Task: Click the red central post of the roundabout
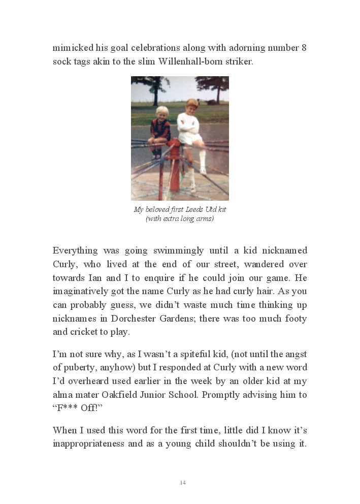pyautogui.click(x=175, y=168)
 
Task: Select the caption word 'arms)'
pyautogui.click(x=205, y=219)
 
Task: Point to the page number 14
pyautogui.click(x=182, y=483)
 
